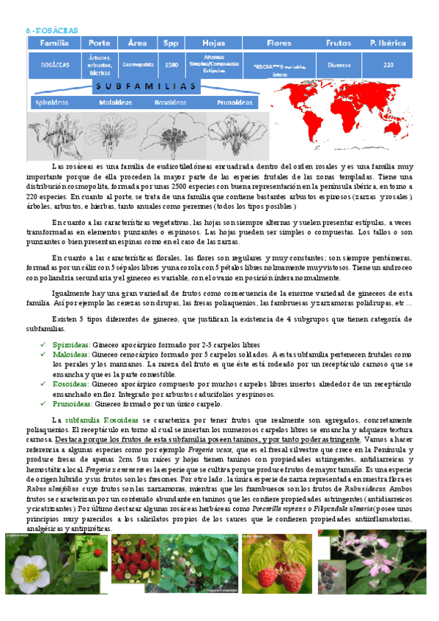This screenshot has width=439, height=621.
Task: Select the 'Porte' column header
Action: (99, 42)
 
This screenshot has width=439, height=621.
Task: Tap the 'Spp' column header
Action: (171, 42)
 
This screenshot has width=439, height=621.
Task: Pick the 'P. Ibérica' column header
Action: (388, 42)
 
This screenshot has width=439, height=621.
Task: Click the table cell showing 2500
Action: (171, 64)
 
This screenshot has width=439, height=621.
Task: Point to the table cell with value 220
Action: (388, 64)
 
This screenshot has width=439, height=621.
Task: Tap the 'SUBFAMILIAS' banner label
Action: (146, 87)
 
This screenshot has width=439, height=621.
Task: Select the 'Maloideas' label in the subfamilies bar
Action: (115, 103)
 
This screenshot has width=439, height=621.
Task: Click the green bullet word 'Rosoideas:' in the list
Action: (71, 384)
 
